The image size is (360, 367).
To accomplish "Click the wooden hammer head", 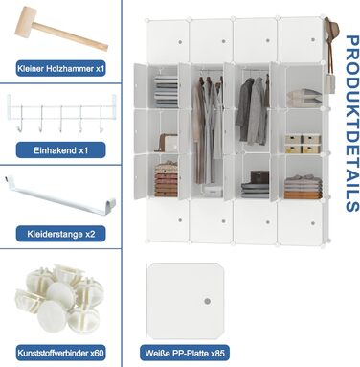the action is point(26,21).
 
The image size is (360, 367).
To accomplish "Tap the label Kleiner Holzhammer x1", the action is point(61,69).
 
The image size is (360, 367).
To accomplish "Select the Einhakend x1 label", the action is point(60,150).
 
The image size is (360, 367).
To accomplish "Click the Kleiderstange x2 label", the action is point(61,234).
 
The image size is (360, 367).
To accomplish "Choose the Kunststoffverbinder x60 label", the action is point(60,353).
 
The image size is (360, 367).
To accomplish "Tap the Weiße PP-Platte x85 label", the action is point(185,353).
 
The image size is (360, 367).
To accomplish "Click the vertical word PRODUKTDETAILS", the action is point(351,124).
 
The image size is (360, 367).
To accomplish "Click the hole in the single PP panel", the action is point(208,301).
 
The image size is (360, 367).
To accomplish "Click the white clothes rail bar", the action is point(60,196).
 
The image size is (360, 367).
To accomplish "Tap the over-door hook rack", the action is point(60,113).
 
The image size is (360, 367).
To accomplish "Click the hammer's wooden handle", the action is point(71,36).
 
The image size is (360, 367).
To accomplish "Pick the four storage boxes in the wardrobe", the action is point(303,144).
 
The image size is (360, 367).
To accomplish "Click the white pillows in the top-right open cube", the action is point(304,98).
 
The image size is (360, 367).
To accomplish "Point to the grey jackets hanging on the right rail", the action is point(253,110).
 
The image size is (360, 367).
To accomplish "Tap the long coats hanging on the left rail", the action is point(208,129).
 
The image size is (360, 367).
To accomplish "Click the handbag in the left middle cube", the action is point(168,143).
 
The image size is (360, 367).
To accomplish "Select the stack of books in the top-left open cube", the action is point(166,90).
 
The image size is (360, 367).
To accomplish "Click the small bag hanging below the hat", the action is point(329,83).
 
